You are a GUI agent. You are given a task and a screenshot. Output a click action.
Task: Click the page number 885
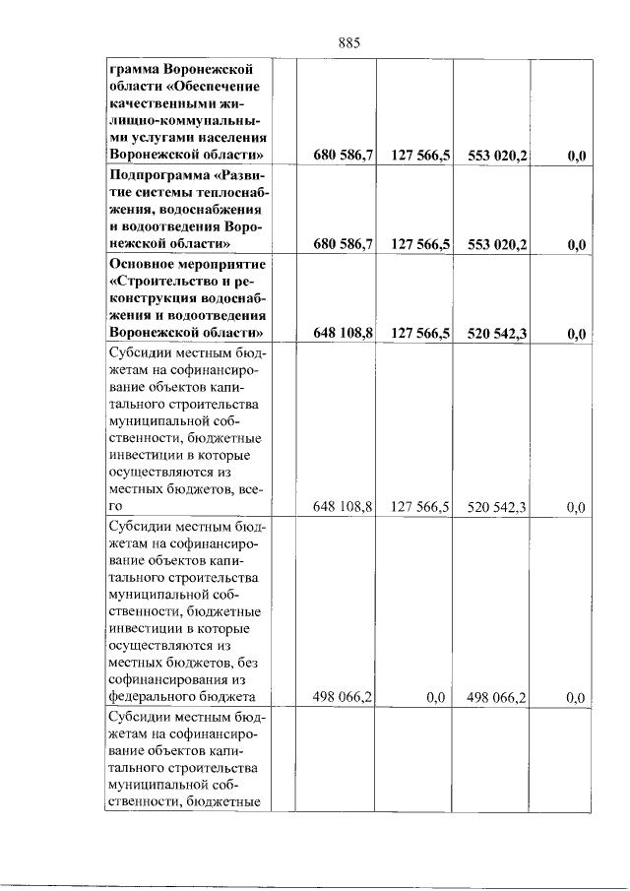click(x=350, y=41)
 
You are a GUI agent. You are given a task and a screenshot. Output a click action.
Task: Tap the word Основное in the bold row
click(x=143, y=265)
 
